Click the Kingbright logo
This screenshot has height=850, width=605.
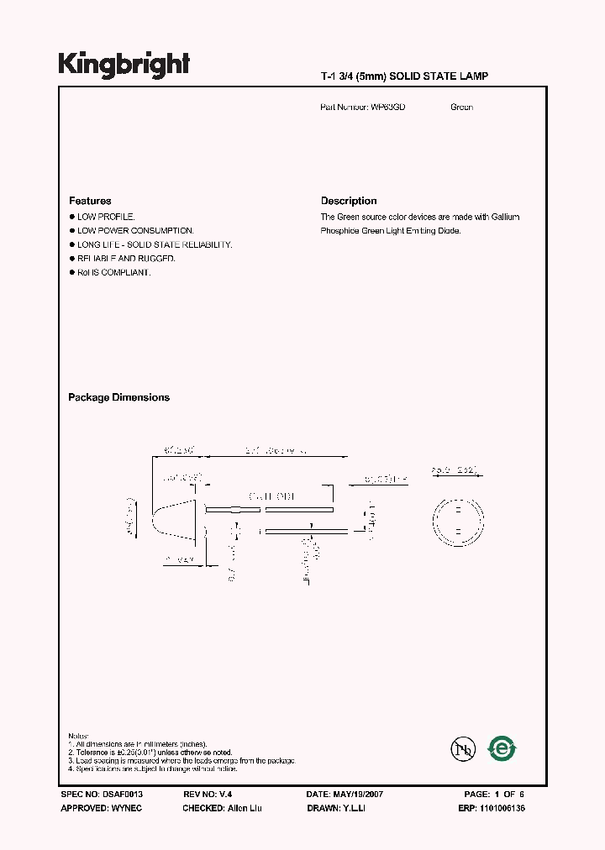coord(124,65)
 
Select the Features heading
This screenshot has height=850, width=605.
coord(90,201)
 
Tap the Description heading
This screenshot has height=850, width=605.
coord(349,201)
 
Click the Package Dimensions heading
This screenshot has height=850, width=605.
coord(118,397)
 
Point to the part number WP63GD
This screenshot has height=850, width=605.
coord(388,108)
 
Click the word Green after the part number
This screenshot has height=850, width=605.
coord(461,108)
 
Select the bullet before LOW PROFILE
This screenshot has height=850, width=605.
coord(71,217)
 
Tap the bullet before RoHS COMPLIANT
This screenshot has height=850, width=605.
coord(71,273)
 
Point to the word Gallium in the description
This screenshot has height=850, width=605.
coord(505,217)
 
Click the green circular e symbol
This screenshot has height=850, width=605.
coord(502,748)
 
